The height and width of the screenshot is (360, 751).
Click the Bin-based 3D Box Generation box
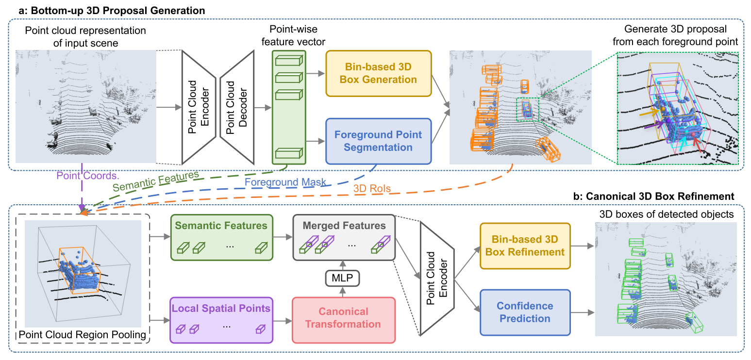click(x=378, y=73)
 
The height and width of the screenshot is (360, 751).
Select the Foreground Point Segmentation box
click(x=378, y=141)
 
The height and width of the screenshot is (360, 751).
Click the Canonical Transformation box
click(x=343, y=317)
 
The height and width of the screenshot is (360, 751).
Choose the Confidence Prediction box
click(x=525, y=312)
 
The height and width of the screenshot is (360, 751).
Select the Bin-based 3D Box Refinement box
click(x=525, y=245)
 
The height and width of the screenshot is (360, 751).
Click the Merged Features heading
click(x=344, y=226)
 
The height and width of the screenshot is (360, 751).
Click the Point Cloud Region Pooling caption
click(x=83, y=334)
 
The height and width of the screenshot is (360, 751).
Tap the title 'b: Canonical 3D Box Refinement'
click(x=661, y=196)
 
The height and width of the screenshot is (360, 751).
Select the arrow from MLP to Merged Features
click(x=343, y=265)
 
